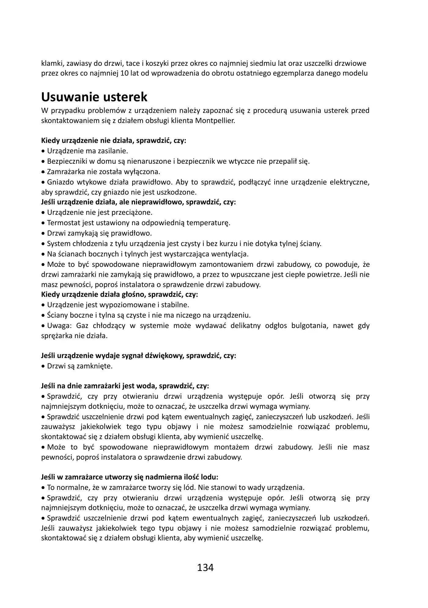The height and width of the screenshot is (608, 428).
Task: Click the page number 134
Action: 205,568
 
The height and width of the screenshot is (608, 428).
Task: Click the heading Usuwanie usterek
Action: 94,97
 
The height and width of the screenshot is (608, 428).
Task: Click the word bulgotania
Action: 308,325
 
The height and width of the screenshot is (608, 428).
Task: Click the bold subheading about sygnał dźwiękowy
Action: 138,356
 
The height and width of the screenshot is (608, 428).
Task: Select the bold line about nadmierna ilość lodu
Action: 130,477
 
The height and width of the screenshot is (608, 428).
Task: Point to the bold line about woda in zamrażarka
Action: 125,386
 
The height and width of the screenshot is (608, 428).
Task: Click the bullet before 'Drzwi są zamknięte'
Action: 43,366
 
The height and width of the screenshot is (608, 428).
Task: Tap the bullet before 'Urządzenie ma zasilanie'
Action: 43,151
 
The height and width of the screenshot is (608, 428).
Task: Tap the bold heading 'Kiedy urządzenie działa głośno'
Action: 120,294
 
